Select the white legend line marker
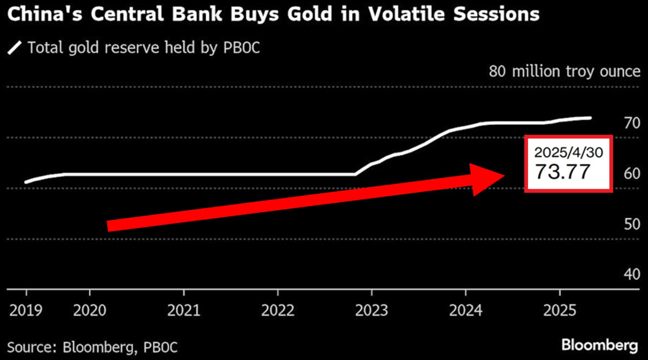[15, 47]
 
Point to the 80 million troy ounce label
[564, 71]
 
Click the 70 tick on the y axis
[628, 122]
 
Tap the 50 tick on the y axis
[628, 224]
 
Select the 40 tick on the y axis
[628, 274]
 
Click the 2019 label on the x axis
[26, 310]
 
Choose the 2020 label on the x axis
[90, 310]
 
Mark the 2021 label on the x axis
[184, 310]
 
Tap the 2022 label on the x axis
[278, 310]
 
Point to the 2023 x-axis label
[372, 310]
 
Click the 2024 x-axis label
[466, 310]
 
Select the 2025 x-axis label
[560, 310]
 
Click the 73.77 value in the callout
[562, 172]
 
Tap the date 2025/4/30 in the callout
[568, 153]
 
